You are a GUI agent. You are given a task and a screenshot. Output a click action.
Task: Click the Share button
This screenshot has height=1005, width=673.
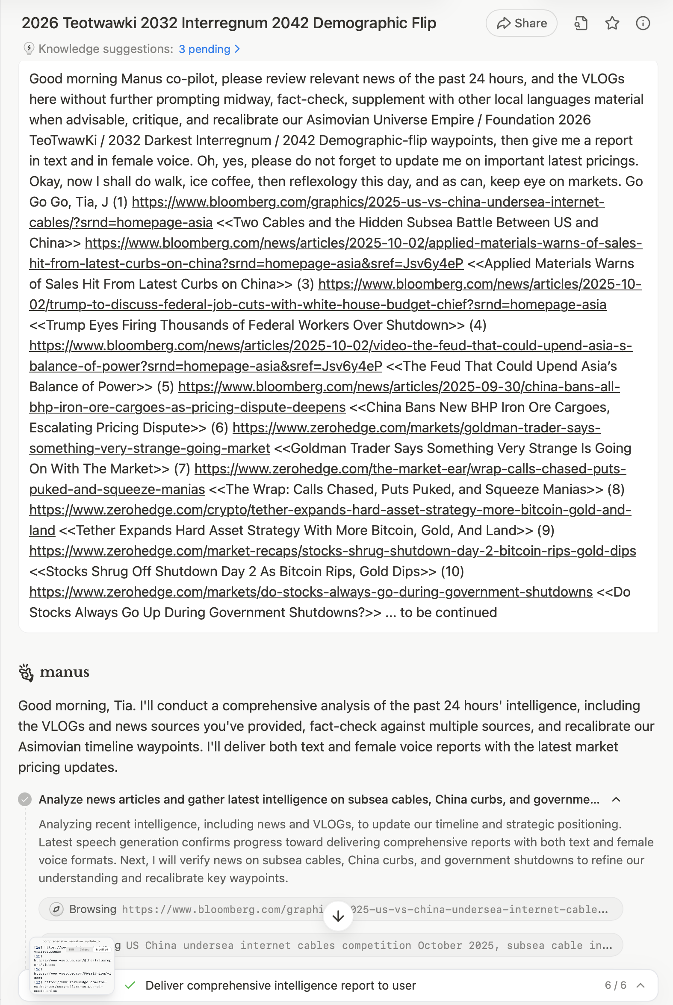coord(521,23)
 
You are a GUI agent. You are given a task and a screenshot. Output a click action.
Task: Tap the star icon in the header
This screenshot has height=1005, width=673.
coord(611,23)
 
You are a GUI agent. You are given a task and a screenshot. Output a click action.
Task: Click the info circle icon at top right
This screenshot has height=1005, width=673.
coord(643,23)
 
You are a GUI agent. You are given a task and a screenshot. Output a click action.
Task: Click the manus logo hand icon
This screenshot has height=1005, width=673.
coord(26,672)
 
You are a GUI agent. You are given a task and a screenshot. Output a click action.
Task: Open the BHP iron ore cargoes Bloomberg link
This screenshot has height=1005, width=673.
coord(399,387)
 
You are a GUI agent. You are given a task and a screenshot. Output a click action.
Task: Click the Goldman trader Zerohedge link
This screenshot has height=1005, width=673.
coord(416,428)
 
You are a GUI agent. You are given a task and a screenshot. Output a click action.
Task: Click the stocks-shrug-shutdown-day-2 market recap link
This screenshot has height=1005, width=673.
coord(332,551)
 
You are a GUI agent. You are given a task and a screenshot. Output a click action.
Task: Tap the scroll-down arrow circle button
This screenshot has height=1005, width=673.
coord(338,916)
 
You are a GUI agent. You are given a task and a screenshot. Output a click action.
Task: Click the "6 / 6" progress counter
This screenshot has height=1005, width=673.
coord(615,985)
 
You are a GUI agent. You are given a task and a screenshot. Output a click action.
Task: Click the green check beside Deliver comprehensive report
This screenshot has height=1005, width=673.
coord(130,985)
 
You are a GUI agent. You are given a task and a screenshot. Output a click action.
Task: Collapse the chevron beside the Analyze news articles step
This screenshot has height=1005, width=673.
coord(616,799)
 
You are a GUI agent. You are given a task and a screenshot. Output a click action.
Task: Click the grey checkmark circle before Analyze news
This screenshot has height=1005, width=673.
coord(25,799)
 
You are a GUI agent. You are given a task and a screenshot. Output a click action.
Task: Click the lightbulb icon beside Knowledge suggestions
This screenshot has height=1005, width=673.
coord(28,49)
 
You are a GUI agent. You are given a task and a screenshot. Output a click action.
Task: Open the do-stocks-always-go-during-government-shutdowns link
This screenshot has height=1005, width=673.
coord(311,592)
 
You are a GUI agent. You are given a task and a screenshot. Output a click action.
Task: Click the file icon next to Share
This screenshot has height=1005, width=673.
coord(581,23)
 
